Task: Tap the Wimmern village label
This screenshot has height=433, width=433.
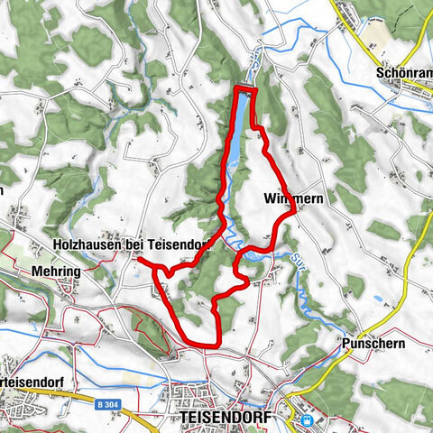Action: (287, 197)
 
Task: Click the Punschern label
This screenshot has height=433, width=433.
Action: (374, 344)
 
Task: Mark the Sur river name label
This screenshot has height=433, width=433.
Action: (299, 262)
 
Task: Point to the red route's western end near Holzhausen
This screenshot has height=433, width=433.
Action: (139, 260)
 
